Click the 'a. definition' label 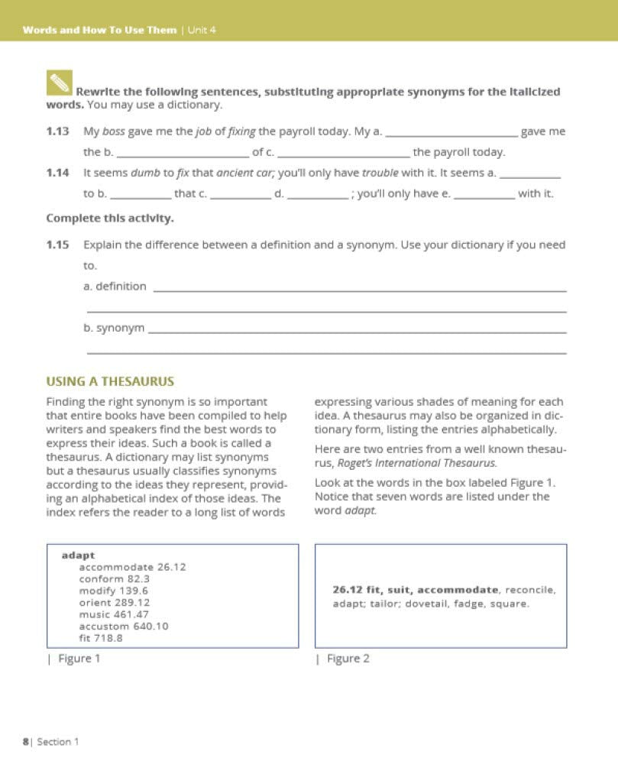(115, 286)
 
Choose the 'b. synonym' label (113, 327)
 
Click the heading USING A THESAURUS (110, 381)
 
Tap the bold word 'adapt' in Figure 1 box (78, 555)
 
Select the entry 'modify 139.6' (114, 591)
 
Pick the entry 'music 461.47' (114, 614)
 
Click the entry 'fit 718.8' (101, 638)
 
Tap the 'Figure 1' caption (79, 659)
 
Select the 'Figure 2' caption (348, 659)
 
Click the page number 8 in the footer (24, 741)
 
